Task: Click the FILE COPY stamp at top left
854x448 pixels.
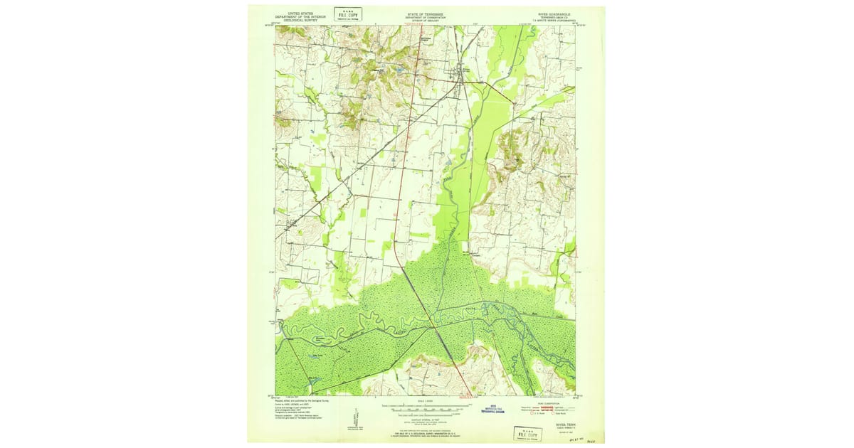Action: pos(348,14)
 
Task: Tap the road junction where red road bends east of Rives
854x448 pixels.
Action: pos(486,82)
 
